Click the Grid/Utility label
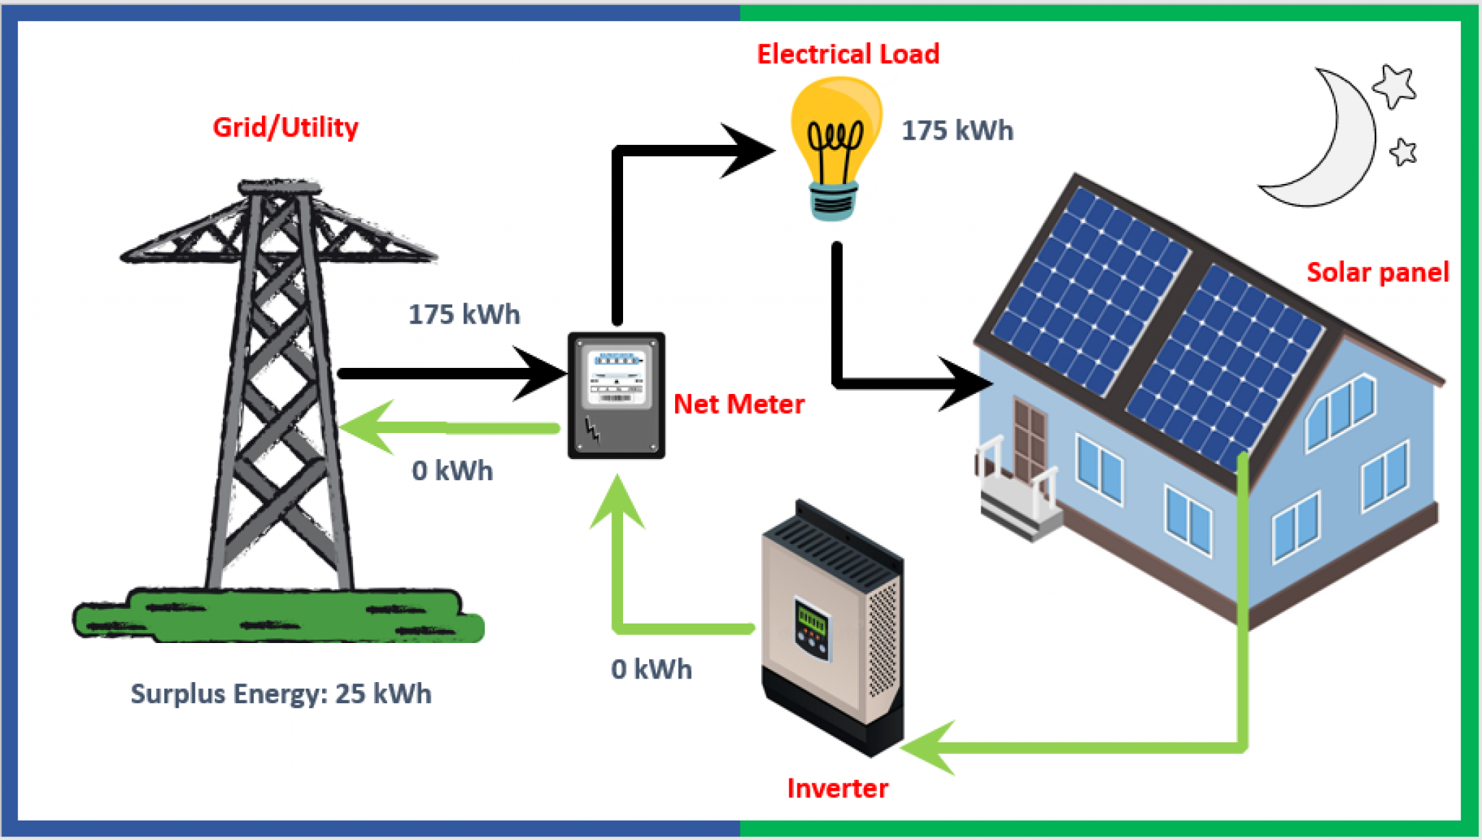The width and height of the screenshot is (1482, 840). click(x=285, y=127)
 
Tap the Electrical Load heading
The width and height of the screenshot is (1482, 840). click(x=847, y=54)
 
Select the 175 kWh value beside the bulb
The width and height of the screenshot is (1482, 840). click(x=957, y=131)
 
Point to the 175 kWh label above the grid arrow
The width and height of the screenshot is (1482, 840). click(x=464, y=314)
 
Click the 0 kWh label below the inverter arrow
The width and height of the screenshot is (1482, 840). click(x=651, y=669)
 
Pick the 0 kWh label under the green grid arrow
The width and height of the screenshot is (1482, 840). click(x=452, y=471)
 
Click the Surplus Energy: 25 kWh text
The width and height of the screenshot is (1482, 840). click(x=281, y=694)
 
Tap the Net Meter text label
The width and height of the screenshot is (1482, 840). click(x=738, y=404)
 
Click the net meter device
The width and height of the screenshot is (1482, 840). click(x=616, y=395)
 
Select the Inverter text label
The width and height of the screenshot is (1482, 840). click(x=837, y=788)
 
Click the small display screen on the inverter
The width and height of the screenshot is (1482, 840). click(x=811, y=621)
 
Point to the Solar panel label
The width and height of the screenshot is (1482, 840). click(x=1377, y=272)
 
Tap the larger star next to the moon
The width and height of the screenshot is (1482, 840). click(x=1394, y=86)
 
